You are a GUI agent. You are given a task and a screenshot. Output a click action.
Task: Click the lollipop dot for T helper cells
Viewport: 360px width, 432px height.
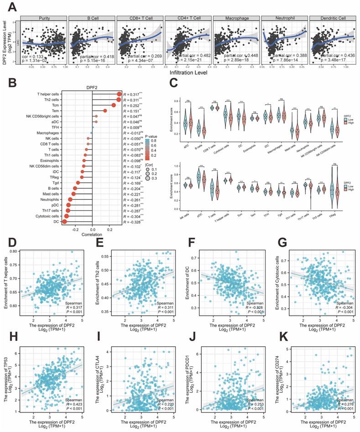pyautogui.click(x=119, y=94)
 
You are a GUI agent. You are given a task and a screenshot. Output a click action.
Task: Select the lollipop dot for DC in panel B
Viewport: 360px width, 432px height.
pyautogui.click(x=65, y=222)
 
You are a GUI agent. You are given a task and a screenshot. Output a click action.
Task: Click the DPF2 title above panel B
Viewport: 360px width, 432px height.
pyautogui.click(x=93, y=87)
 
